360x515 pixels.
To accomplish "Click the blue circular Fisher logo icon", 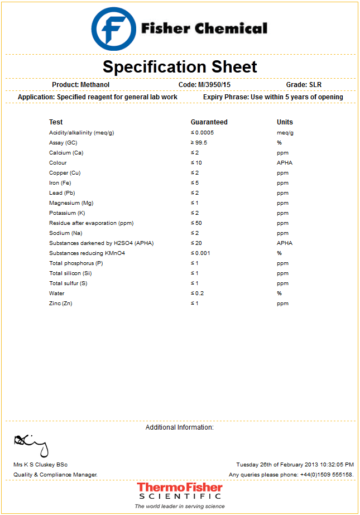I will [x=113, y=28].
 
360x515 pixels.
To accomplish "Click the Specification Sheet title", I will [x=180, y=67].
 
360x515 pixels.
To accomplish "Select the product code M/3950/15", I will [x=212, y=85].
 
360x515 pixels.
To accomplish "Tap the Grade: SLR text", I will [x=304, y=85].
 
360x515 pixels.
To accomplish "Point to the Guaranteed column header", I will [x=209, y=122].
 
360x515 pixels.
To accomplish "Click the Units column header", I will [x=285, y=122].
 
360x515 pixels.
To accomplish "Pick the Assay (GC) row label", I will [x=63, y=143].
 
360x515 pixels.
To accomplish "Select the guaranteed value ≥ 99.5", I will [x=199, y=143].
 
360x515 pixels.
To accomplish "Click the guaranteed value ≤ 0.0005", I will [x=202, y=133].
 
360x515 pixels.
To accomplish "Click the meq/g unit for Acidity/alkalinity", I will [x=285, y=133].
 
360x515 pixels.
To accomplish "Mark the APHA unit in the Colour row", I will [x=284, y=163].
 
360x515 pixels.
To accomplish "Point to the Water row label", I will [x=56, y=293].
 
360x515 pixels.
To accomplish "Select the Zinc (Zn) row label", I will [x=60, y=304].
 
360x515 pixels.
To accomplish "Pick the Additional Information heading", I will [x=179, y=427].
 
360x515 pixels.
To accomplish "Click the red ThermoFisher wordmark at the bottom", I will [x=180, y=488].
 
